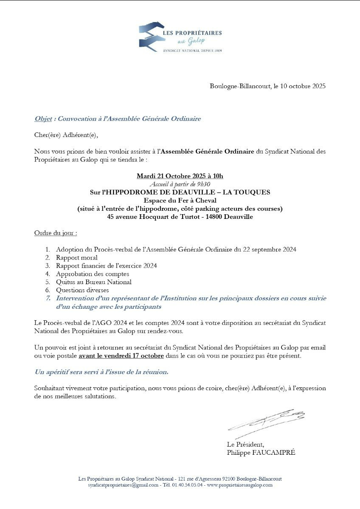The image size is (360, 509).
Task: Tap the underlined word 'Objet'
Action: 43,119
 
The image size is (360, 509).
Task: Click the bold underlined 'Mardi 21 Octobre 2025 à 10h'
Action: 180,176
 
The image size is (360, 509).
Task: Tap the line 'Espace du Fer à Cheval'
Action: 180,200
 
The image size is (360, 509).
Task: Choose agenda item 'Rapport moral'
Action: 76,257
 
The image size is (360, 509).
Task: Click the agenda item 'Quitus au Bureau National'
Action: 93,282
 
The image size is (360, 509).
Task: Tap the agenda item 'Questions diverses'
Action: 82,290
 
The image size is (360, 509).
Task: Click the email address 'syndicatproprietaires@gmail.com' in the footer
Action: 124,485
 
